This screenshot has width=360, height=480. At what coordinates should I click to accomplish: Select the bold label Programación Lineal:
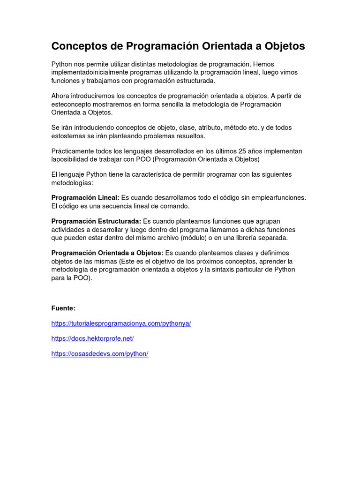[85, 198]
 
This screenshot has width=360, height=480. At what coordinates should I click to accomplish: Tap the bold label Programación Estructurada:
[96, 221]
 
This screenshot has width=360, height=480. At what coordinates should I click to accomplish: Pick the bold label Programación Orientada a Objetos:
[107, 253]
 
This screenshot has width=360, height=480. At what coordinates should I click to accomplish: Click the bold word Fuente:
[63, 308]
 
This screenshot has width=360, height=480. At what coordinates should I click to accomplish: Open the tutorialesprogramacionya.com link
[121, 324]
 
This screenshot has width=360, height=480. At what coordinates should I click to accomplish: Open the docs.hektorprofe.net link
[92, 338]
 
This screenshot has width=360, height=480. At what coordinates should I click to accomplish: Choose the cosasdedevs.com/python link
[100, 354]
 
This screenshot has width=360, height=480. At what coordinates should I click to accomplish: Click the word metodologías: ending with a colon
[72, 182]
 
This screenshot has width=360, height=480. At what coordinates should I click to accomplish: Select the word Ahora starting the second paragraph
[61, 96]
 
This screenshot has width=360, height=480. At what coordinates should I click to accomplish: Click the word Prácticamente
[73, 151]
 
